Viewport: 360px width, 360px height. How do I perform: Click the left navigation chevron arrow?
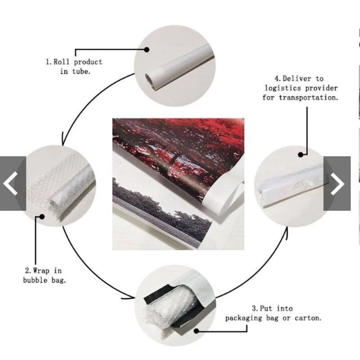click(10, 184)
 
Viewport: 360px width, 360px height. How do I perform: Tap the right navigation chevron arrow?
click(337, 184)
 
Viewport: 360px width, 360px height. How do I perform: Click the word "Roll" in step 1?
click(61, 62)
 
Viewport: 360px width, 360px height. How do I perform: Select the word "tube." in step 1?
click(81, 72)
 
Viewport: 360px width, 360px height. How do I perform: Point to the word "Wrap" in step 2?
click(41, 271)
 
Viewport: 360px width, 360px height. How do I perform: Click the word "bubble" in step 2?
click(35, 280)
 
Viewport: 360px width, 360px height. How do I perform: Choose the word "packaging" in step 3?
click(243, 319)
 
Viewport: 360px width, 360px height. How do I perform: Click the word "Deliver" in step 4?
click(297, 78)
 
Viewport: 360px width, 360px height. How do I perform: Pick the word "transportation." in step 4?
click(308, 98)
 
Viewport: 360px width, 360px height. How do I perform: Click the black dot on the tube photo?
click(147, 49)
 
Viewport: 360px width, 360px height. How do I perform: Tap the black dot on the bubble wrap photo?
click(42, 216)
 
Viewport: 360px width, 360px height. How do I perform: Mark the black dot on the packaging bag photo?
click(196, 331)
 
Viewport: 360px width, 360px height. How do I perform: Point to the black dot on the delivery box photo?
click(301, 155)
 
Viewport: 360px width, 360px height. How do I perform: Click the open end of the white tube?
click(150, 80)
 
